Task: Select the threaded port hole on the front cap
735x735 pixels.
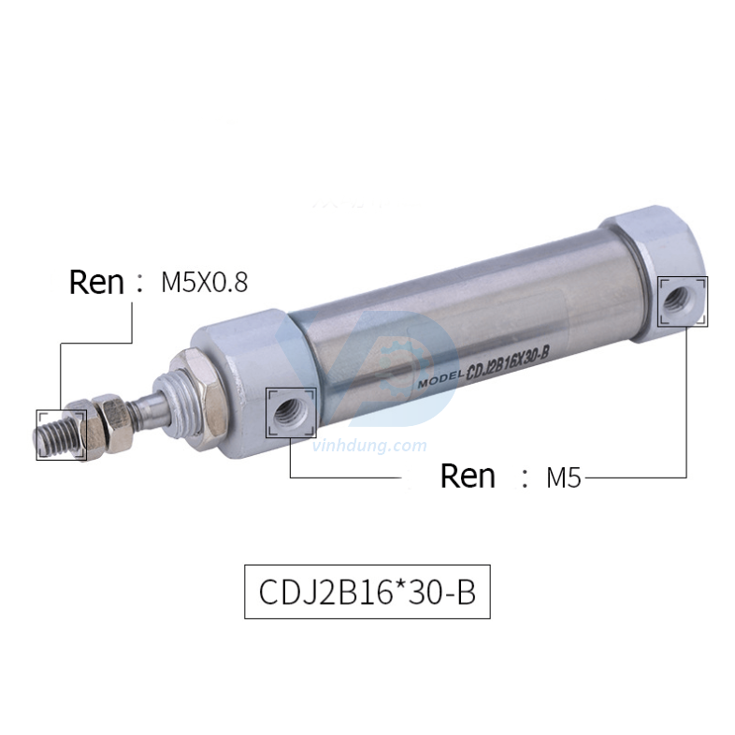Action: coord(290,411)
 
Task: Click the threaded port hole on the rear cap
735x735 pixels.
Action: coord(683,301)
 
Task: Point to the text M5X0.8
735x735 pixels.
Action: coord(204,282)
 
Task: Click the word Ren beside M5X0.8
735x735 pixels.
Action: coord(97,282)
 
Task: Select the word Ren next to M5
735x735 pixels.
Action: coord(468,476)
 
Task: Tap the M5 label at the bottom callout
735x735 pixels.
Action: coord(564,478)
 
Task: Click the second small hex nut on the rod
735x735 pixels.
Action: coord(113,419)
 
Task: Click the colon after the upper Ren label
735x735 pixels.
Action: coord(141,282)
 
